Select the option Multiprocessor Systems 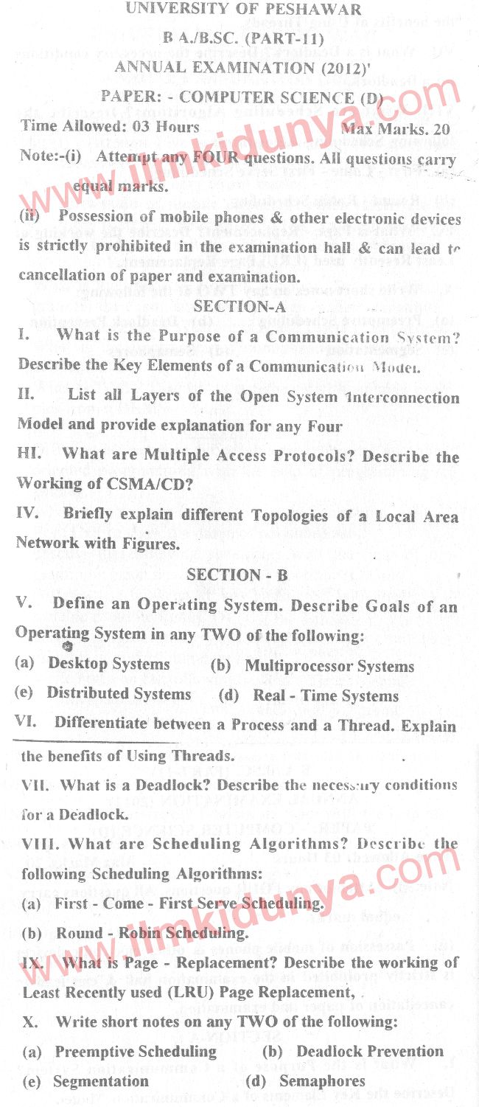(329, 666)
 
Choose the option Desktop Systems (109, 664)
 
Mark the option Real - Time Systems (326, 695)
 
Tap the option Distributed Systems (119, 694)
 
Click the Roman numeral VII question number (35, 785)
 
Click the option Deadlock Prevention (370, 1051)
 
